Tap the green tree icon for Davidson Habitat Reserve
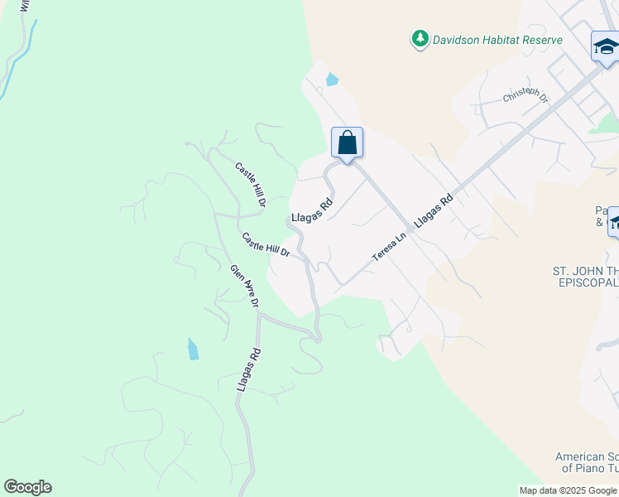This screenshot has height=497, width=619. (420, 39)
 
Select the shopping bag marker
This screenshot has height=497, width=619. (348, 142)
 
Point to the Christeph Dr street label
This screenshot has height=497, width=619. (525, 97)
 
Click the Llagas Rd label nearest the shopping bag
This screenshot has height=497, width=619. (312, 213)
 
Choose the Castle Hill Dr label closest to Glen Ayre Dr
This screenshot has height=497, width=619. (265, 244)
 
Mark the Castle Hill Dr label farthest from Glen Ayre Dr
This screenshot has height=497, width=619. (250, 184)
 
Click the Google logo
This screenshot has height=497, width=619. (27, 487)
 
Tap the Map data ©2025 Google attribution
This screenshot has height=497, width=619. (568, 490)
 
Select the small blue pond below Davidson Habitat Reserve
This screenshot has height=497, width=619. (332, 80)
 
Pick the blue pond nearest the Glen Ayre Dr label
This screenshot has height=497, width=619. (193, 349)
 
